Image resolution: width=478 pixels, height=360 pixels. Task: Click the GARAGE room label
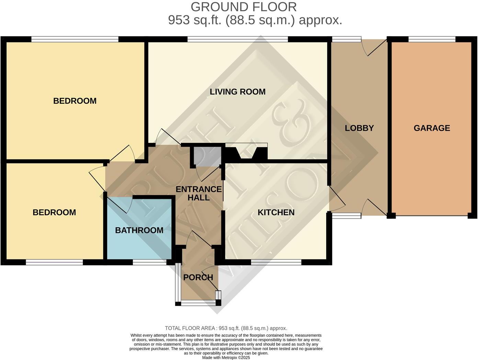(x=432, y=128)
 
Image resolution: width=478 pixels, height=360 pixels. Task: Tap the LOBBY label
(x=359, y=128)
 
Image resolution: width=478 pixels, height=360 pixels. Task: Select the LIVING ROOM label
(x=238, y=92)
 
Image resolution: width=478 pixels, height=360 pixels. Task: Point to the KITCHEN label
(x=276, y=213)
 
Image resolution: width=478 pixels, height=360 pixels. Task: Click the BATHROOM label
(x=139, y=230)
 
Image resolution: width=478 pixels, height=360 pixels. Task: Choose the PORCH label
(x=198, y=277)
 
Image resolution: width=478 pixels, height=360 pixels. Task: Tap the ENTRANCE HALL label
(x=198, y=193)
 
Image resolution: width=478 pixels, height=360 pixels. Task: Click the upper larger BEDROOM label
(x=75, y=101)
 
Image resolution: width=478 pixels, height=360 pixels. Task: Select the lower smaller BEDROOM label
(x=54, y=212)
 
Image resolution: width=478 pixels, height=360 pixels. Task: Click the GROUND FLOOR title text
(x=243, y=7)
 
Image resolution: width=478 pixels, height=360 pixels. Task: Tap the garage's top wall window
(x=432, y=39)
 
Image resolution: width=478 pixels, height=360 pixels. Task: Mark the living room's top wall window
(x=238, y=39)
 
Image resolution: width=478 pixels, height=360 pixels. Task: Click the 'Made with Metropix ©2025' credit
(x=226, y=358)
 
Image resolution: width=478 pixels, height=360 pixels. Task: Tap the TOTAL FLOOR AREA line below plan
(x=226, y=328)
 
